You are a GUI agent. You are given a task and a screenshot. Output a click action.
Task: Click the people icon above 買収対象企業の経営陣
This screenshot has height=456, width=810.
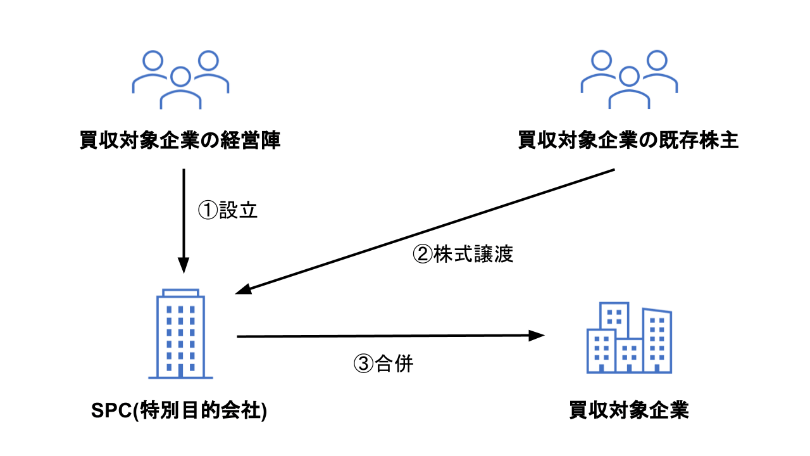[x=180, y=80]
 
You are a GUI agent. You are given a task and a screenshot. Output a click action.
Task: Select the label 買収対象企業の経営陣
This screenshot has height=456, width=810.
[x=180, y=141]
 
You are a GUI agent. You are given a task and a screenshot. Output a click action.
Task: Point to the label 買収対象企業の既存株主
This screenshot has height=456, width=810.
[x=628, y=141]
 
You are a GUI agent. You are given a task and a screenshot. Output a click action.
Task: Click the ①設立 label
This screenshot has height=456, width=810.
[x=228, y=211]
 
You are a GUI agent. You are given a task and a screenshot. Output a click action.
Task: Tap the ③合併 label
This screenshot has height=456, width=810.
[x=383, y=364]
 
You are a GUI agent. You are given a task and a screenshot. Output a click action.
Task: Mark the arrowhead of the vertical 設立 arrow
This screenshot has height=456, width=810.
[x=184, y=266]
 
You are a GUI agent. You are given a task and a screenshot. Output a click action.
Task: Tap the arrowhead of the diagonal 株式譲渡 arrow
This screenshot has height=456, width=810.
[x=242, y=291]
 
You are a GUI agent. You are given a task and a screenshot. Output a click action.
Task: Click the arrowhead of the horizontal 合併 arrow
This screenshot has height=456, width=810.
[x=538, y=336]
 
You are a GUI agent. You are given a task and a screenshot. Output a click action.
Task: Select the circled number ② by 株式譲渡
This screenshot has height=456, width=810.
[x=422, y=254]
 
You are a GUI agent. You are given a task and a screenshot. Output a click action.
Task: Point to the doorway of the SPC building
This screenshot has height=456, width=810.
[x=180, y=369]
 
